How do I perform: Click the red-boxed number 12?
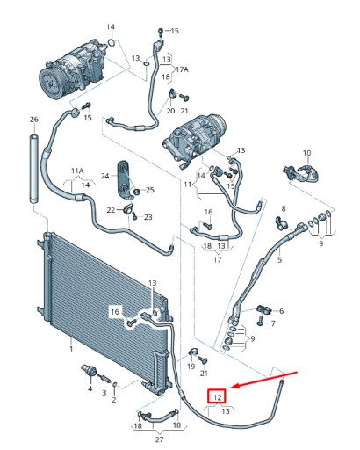[217, 397]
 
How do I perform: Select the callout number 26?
[34, 120]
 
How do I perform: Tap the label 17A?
[182, 69]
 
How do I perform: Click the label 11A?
[77, 171]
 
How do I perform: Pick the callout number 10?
[306, 153]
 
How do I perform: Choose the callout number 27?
[159, 439]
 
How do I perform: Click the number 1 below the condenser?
[71, 349]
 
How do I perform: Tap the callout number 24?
[104, 176]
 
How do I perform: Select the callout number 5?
[279, 259]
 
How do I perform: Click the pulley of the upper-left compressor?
[53, 83]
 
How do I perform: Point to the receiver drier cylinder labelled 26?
[34, 169]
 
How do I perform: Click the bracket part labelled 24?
[126, 181]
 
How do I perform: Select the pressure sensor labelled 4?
[90, 372]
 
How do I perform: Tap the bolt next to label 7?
[260, 320]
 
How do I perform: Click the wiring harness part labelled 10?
[300, 173]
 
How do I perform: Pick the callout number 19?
[191, 367]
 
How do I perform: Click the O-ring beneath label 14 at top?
[112, 43]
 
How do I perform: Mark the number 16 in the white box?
[115, 312]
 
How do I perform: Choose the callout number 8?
[284, 208]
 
